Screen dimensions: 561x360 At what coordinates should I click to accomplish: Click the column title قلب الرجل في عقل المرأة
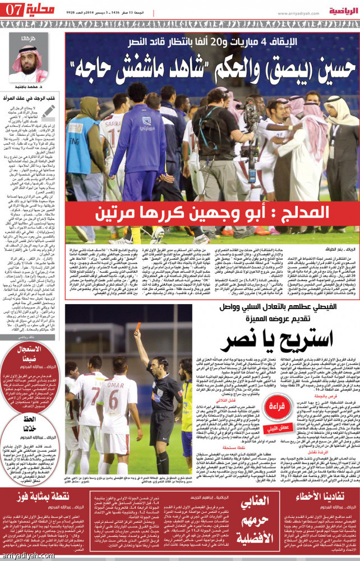35,99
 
